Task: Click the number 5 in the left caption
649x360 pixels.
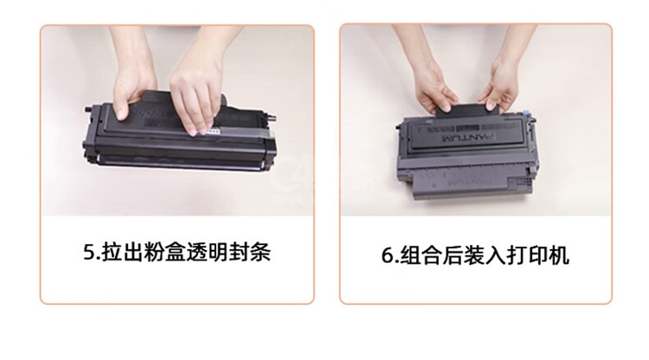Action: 89,252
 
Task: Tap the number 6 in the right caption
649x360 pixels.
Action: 388,255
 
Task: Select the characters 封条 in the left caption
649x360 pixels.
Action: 249,252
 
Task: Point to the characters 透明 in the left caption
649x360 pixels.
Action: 207,252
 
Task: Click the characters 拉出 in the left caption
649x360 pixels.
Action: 122,252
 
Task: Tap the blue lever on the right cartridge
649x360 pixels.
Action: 526,113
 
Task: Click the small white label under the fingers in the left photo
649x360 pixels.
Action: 212,132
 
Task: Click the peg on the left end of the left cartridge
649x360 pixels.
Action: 89,110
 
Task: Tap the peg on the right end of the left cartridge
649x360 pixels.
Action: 271,119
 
